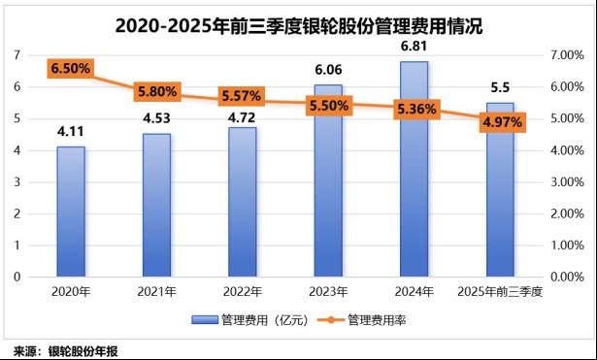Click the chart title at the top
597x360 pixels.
[298, 26]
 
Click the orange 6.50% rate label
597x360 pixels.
[70, 68]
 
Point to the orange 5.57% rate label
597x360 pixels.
[241, 98]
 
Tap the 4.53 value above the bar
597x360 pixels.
[156, 119]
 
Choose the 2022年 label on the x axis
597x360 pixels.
[242, 290]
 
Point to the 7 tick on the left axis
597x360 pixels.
[17, 55]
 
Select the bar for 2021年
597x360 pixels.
[156, 205]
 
